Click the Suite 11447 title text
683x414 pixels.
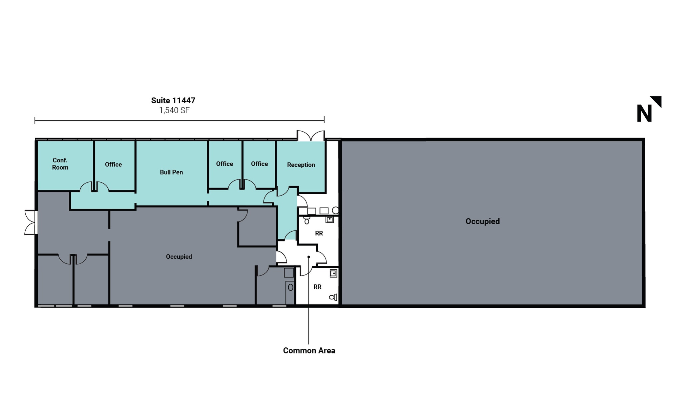pyautogui.click(x=173, y=100)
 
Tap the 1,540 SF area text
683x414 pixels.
pyautogui.click(x=174, y=110)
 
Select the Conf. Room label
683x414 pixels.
pyautogui.click(x=60, y=164)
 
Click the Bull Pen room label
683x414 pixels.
pyautogui.click(x=171, y=172)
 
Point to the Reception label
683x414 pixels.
pyautogui.click(x=301, y=165)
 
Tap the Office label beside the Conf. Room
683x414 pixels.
pyautogui.click(x=113, y=165)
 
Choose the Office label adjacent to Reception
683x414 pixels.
pyautogui.click(x=259, y=164)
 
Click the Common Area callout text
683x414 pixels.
pyautogui.click(x=309, y=350)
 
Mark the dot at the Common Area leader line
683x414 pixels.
pyautogui.click(x=309, y=257)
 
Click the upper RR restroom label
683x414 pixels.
pyautogui.click(x=319, y=233)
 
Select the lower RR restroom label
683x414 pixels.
pyautogui.click(x=317, y=287)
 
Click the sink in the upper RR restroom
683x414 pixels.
pyautogui.click(x=329, y=219)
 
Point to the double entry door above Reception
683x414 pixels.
pyautogui.click(x=311, y=136)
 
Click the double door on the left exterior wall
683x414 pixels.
pyautogui.click(x=30, y=222)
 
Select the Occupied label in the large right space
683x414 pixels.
pyautogui.click(x=482, y=221)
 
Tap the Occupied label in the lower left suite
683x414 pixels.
pyautogui.click(x=179, y=257)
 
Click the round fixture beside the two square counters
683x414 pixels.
pyautogui.click(x=335, y=210)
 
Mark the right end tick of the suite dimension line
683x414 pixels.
pyautogui.click(x=324, y=120)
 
